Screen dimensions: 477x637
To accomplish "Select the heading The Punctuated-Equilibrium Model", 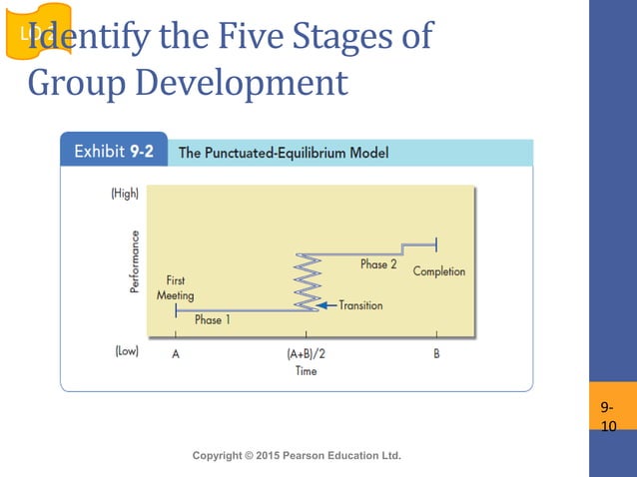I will [x=283, y=153].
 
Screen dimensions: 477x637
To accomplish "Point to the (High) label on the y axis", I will [x=124, y=194].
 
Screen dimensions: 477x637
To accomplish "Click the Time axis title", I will [x=306, y=371].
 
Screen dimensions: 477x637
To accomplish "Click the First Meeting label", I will [x=175, y=288].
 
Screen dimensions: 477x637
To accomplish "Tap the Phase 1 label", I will [x=209, y=320].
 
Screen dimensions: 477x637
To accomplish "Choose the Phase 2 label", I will [x=378, y=264].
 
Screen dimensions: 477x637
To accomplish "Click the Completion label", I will [x=438, y=271].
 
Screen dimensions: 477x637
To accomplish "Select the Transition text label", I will [x=360, y=305].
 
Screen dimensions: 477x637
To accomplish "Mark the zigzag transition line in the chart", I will [x=307, y=281].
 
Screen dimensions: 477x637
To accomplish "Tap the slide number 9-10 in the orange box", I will [x=608, y=417].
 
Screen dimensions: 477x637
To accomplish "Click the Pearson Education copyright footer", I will [x=296, y=455].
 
